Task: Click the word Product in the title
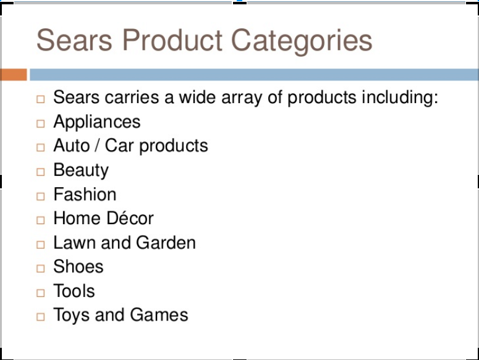[x=172, y=40]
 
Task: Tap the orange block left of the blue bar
[x=14, y=75]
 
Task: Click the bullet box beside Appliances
[x=41, y=123]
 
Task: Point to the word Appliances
[x=97, y=123]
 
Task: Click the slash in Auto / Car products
[x=97, y=145]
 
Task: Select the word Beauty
[x=81, y=171]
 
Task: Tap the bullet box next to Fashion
[x=41, y=196]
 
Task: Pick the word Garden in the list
[x=166, y=243]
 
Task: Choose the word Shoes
[x=78, y=266]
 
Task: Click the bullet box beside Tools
[x=41, y=293]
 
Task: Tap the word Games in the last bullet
[x=159, y=314]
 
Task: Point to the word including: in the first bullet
[x=400, y=98]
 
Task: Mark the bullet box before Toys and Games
[x=41, y=317]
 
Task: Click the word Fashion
[x=85, y=194]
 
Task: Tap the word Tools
[x=74, y=290]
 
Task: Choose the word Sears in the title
[x=74, y=40]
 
